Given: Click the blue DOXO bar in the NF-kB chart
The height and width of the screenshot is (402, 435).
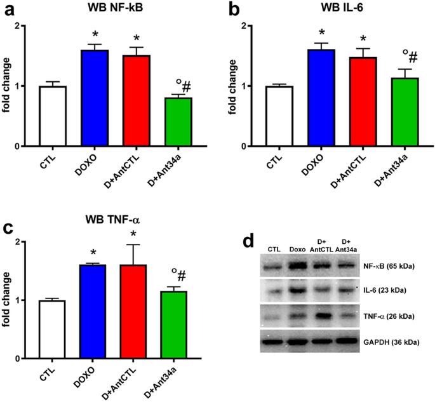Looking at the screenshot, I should (x=94, y=98).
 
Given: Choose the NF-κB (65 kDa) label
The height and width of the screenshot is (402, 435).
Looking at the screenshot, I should (x=389, y=267).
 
